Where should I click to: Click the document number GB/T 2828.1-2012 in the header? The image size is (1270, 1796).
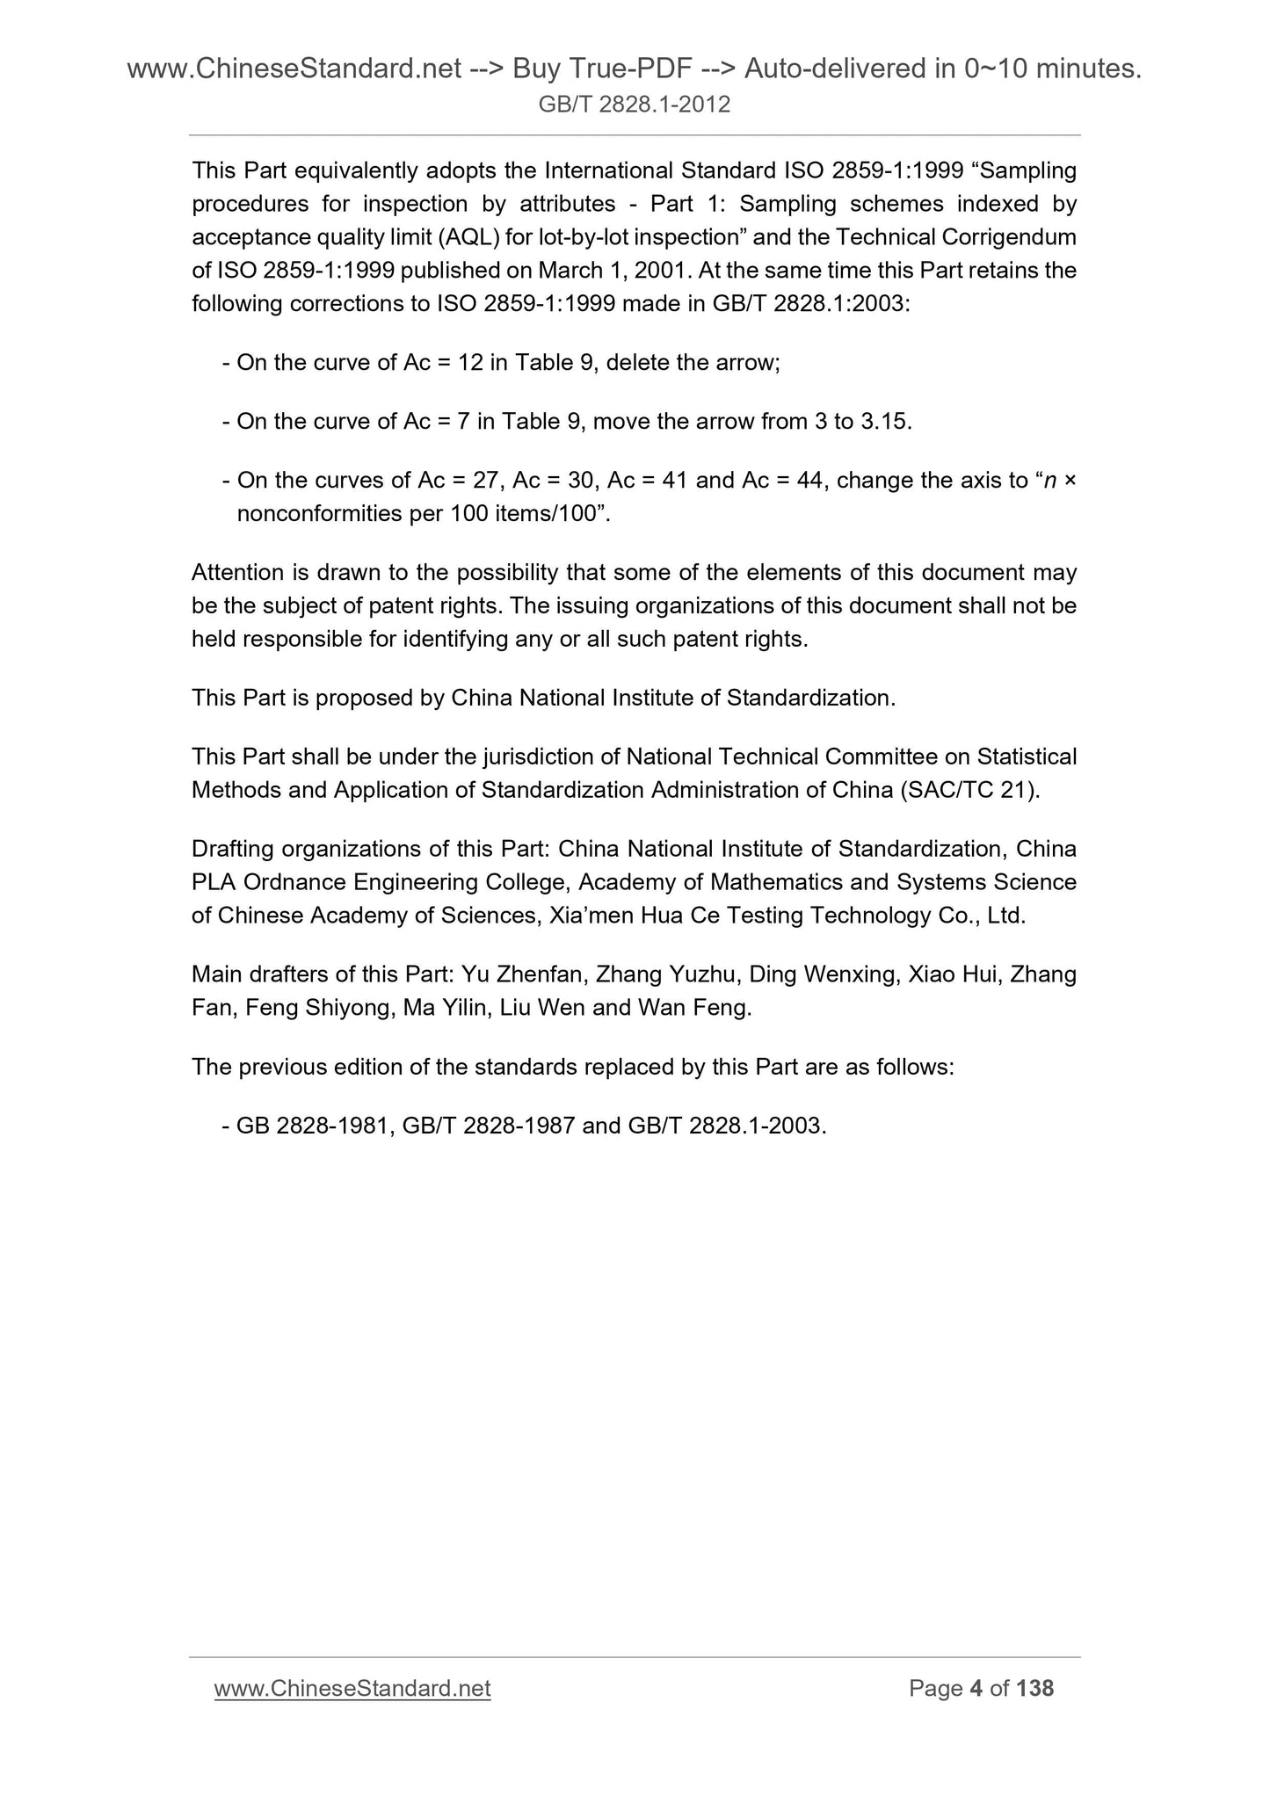pyautogui.click(x=635, y=105)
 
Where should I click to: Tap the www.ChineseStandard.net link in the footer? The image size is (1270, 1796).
pyautogui.click(x=352, y=1688)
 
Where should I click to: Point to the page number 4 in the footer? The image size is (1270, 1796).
pyautogui.click(x=975, y=1688)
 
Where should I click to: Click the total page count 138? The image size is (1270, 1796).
pyautogui.click(x=1034, y=1688)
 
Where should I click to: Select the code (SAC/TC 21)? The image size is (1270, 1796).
pyautogui.click(x=970, y=790)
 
